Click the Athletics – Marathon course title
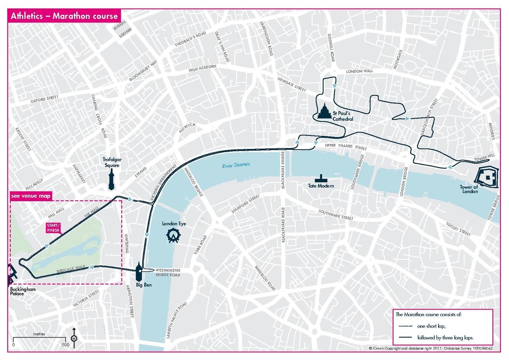(64, 17)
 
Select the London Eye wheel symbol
(172, 235)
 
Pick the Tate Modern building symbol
(322, 178)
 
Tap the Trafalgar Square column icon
(112, 178)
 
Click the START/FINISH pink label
(53, 228)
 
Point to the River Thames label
(236, 165)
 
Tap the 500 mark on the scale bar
(65, 344)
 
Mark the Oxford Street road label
(44, 100)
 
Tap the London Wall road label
(360, 72)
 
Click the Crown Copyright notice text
(431, 348)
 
